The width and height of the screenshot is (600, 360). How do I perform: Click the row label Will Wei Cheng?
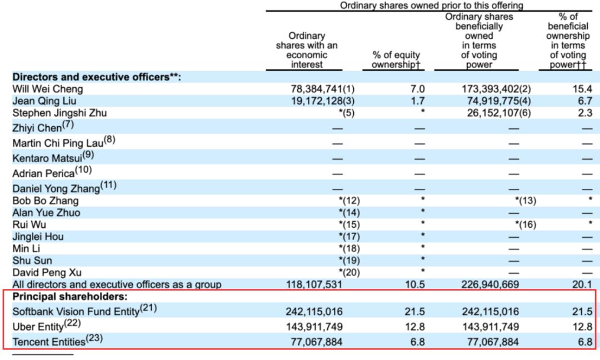[48, 89]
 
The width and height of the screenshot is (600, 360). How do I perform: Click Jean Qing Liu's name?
[44, 101]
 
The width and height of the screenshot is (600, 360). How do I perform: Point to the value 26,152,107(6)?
[489, 113]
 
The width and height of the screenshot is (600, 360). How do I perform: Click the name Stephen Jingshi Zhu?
[59, 113]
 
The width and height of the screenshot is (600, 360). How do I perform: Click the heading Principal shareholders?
[70, 296]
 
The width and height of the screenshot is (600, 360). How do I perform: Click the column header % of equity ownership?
[396, 60]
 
